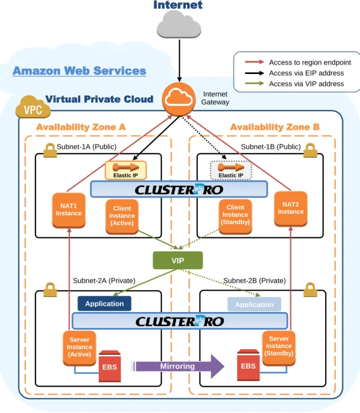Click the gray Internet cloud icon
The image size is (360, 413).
click(179, 25)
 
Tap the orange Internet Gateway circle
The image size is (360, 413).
click(179, 99)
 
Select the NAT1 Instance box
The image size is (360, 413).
click(69, 210)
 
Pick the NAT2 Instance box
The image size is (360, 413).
click(291, 208)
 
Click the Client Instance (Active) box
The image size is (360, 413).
click(122, 216)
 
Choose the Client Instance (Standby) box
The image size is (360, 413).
click(235, 216)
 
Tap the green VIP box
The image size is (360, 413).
click(178, 260)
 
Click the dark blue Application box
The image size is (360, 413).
click(104, 304)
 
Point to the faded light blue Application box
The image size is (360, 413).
click(254, 305)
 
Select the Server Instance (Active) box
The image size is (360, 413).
click(79, 347)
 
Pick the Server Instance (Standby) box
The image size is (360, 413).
click(279, 347)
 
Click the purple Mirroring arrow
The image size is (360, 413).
click(178, 366)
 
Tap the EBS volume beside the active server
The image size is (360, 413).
click(109, 366)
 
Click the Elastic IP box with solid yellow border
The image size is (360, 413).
click(126, 170)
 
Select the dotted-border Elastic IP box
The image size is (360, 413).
click(231, 170)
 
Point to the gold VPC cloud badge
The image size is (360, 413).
click(33, 107)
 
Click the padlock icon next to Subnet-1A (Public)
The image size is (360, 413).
click(50, 150)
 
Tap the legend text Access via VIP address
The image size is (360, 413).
click(306, 84)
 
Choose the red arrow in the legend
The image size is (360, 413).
click(254, 62)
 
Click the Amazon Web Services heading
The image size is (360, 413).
click(79, 70)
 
